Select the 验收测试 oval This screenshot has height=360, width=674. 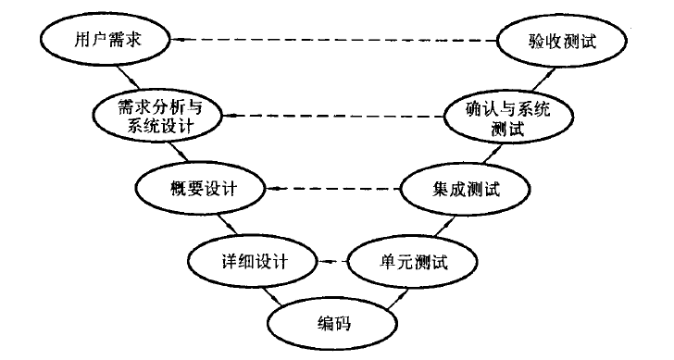[x=547, y=41]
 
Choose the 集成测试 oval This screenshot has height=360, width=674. [x=466, y=189]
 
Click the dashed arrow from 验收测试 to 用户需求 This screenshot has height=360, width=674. [x=333, y=41]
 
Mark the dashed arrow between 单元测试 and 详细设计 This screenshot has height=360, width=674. [x=331, y=263]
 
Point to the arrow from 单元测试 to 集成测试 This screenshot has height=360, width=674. [x=439, y=226]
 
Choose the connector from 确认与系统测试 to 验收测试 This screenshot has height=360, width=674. [x=528, y=79]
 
